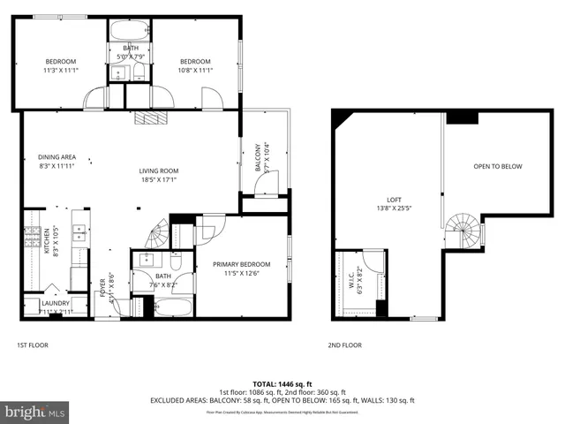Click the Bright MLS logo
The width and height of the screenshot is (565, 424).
[35, 412]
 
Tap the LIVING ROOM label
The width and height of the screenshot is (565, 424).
[159, 171]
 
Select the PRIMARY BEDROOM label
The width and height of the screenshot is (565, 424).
[240, 263]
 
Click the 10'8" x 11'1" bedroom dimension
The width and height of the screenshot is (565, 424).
[195, 72]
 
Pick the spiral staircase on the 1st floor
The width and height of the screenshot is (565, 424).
[157, 234]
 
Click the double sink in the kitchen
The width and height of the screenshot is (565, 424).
[79, 232]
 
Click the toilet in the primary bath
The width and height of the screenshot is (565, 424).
[177, 261]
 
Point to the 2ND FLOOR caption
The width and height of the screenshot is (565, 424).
[345, 344]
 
